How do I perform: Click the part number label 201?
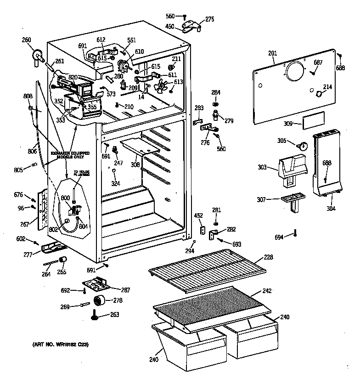272,54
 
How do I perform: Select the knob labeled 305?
301,146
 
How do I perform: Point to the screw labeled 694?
296,234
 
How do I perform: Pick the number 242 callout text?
267,291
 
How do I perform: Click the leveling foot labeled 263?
96,315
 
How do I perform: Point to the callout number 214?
327,87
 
